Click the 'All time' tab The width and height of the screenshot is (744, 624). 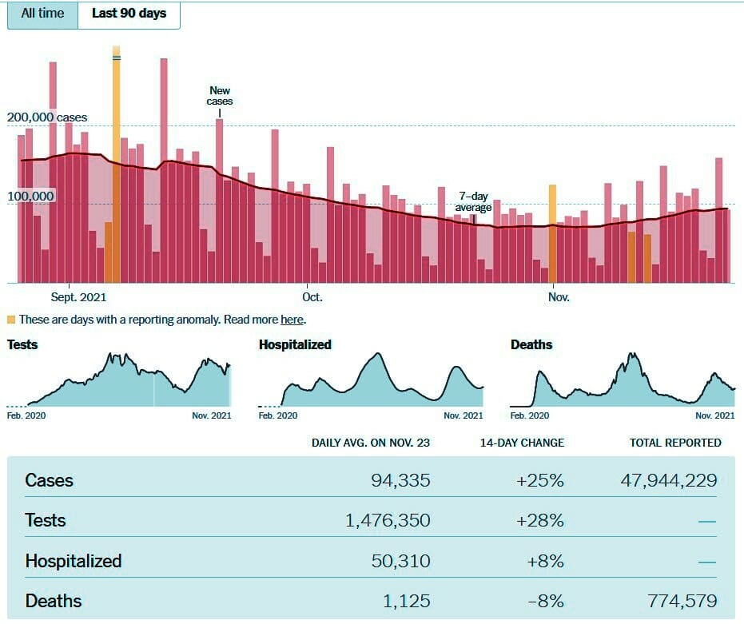pos(42,14)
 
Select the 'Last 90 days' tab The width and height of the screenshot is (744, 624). pos(129,14)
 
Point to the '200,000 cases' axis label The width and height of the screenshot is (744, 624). pos(47,117)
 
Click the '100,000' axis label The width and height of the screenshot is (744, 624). pos(30,196)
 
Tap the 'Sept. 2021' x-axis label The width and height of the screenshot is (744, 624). pos(79,297)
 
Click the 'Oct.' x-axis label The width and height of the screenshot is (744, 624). pos(312,297)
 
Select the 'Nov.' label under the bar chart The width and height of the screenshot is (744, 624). pos(559,297)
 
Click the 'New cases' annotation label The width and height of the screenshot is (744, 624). pos(220,96)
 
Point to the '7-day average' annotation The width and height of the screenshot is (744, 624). pos(473,201)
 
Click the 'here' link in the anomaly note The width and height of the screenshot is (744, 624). pos(292,320)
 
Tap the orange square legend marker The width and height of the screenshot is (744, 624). pos(11,320)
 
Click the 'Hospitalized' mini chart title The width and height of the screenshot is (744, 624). pos(295,344)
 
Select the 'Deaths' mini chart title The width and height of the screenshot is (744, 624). pos(531,344)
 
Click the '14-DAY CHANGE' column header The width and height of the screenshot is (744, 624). pos(522,443)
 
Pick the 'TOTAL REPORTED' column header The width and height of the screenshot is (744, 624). pos(675,443)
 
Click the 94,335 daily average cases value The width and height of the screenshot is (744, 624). pos(400,480)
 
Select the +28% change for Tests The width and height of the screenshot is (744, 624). pos(540,521)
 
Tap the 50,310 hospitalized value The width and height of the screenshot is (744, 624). pos(400,561)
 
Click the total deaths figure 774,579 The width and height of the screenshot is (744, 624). pos(682,601)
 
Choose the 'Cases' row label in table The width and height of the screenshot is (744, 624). pos(50,480)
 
